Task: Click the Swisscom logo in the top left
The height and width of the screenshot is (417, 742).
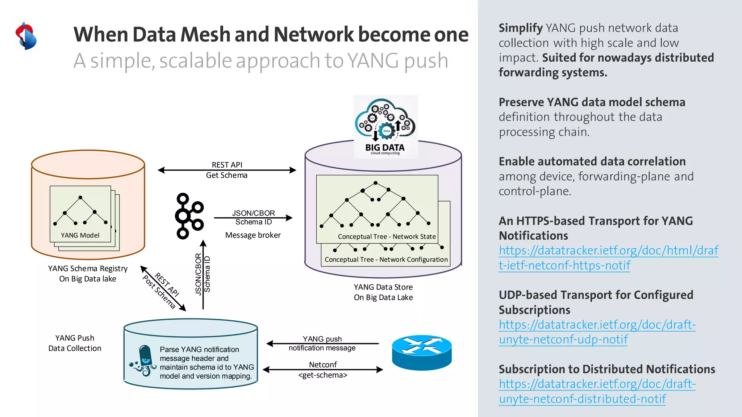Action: point(26,36)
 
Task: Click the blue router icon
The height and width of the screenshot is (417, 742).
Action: point(422,352)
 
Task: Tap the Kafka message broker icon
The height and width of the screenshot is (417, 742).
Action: point(189,216)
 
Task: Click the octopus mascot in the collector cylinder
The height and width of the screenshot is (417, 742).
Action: point(144,361)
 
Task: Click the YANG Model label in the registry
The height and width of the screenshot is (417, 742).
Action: point(80,235)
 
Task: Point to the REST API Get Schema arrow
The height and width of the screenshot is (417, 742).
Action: point(227,170)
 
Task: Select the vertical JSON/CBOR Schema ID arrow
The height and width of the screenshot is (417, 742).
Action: point(203,275)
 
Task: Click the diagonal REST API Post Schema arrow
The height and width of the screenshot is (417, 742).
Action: point(163,288)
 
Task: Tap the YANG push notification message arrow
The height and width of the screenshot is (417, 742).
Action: point(322,344)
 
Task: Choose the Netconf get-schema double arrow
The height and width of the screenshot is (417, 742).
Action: point(322,370)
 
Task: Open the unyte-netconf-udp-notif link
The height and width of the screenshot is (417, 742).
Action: point(597,332)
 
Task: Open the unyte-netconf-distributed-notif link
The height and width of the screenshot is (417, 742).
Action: point(597,391)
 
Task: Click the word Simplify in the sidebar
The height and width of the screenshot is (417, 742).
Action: point(520,28)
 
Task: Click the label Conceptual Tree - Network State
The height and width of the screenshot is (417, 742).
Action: point(387,237)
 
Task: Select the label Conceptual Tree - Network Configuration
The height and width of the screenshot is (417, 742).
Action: point(386,260)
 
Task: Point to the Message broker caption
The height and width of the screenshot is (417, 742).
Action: point(253,235)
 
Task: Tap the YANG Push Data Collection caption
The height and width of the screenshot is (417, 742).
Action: point(75,343)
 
